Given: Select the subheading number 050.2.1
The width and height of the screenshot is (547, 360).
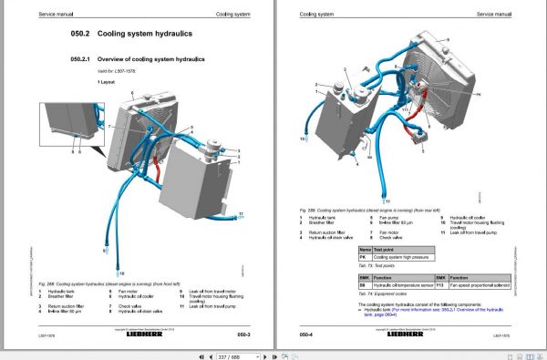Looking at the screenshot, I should pyautogui.click(x=84, y=58).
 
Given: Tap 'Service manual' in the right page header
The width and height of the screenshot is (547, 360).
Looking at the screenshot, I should pyautogui.click(x=500, y=13).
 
